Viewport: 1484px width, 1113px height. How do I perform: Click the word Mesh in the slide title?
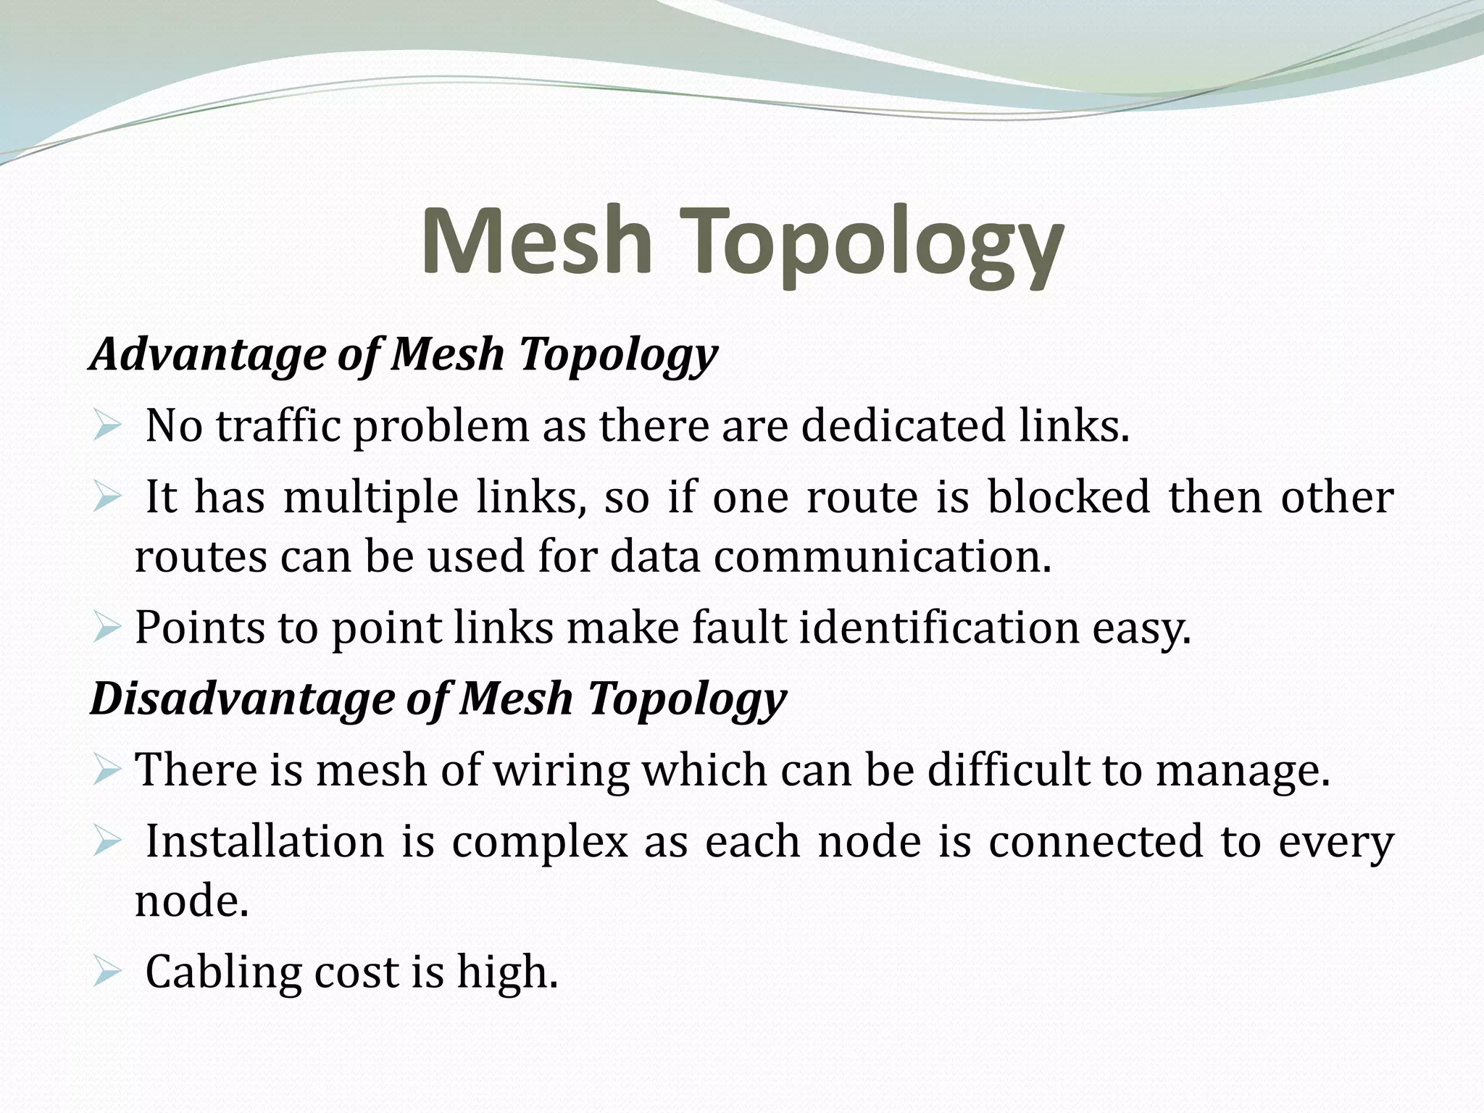pyautogui.click(x=536, y=241)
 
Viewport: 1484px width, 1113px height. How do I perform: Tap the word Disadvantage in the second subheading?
pyautogui.click(x=241, y=699)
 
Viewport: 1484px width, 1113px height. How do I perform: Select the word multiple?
pyautogui.click(x=370, y=499)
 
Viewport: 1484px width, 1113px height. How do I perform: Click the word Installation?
pyautogui.click(x=264, y=842)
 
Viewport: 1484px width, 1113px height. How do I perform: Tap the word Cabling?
pyautogui.click(x=223, y=972)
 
